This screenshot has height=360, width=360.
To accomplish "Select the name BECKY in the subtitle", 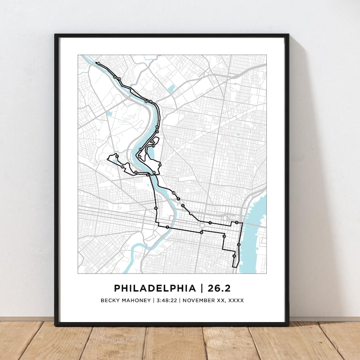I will click(x=112, y=300).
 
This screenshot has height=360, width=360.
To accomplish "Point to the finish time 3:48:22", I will click(x=166, y=300).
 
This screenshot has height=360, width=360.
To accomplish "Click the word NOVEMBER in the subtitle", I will click(x=198, y=300).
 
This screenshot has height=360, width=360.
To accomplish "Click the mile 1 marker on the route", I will click(x=210, y=223).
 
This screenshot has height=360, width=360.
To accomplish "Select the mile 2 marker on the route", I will click(x=237, y=223).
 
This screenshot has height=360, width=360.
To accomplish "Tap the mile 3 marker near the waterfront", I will click(x=239, y=244).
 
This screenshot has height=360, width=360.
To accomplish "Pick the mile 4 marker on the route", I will click(x=234, y=256).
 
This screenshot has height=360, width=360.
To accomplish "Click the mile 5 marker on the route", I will click(x=224, y=236).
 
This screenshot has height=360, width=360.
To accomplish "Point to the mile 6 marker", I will click(x=202, y=232).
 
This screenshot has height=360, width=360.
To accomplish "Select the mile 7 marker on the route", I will click(x=167, y=228).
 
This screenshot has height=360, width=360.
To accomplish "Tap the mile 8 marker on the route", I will click(x=156, y=208).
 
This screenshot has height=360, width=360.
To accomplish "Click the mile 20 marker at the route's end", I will click(x=98, y=64).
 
